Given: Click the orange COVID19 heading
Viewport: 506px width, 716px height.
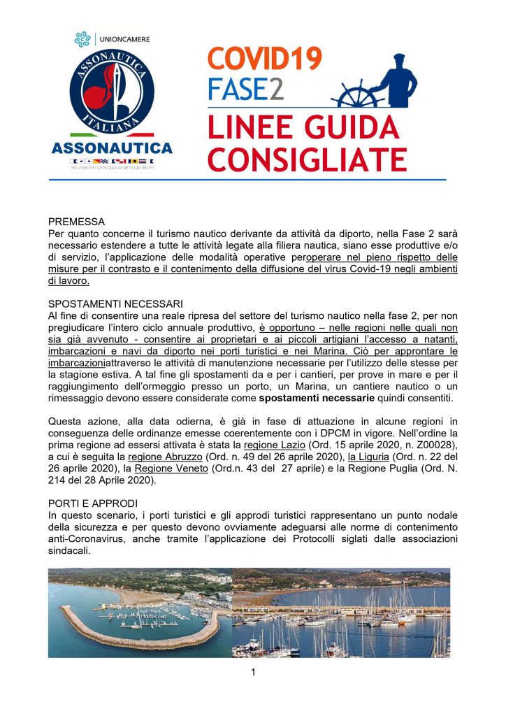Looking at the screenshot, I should (x=265, y=58).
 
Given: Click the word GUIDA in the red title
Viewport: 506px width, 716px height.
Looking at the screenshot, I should (x=348, y=128).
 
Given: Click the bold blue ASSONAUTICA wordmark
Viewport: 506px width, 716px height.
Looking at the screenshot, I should (x=112, y=148).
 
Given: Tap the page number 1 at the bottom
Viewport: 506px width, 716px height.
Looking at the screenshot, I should (x=253, y=673).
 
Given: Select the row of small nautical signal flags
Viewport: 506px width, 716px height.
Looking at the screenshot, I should (x=112, y=162).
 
